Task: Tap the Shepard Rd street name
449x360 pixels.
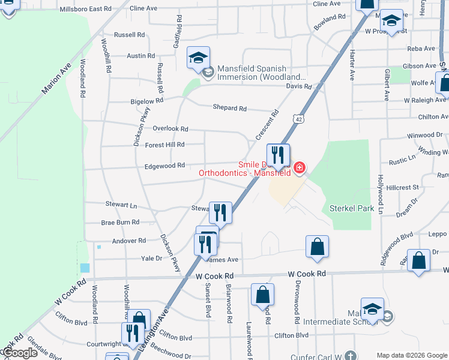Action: pyautogui.click(x=229, y=108)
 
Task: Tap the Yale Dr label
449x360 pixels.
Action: pyautogui.click(x=151, y=259)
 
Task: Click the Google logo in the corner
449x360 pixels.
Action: pyautogui.click(x=20, y=353)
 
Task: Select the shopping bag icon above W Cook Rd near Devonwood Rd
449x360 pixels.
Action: pyautogui.click(x=317, y=247)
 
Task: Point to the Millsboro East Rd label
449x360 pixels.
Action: pyautogui.click(x=86, y=10)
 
